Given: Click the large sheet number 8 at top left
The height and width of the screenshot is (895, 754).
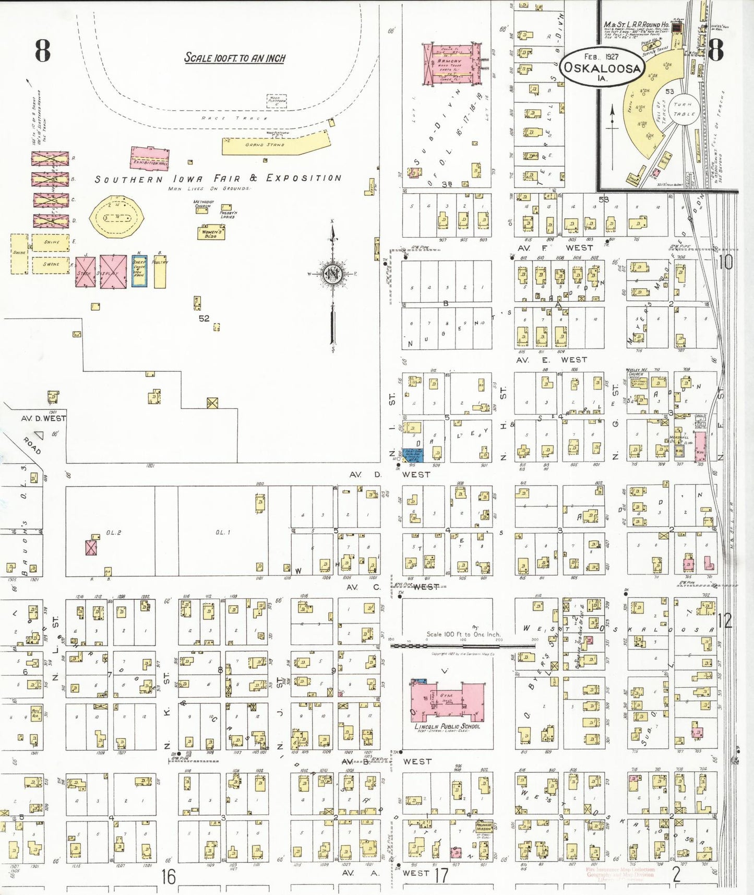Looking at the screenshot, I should [x=43, y=51].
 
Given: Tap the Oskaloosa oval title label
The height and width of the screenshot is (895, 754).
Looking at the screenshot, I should [x=601, y=68].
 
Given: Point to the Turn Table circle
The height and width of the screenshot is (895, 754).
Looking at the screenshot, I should [x=684, y=109].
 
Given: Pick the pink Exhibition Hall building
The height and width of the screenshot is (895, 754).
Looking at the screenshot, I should [x=150, y=159].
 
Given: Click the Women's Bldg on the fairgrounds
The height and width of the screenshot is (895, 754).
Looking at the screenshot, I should [x=211, y=233].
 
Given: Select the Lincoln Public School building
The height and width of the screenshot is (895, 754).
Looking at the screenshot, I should [x=448, y=702].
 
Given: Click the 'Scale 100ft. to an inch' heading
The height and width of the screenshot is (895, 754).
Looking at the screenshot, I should [x=235, y=58].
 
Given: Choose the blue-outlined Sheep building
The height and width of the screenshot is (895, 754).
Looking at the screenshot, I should [x=139, y=270].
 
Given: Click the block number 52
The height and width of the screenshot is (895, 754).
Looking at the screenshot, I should [x=204, y=318].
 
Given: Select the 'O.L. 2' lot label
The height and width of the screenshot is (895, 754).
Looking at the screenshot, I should [x=113, y=533].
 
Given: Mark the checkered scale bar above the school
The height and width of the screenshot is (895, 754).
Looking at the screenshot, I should [x=463, y=646].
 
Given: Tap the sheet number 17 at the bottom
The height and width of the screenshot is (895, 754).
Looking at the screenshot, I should [x=441, y=875].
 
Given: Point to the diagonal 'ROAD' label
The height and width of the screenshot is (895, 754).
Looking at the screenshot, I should [x=32, y=445].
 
